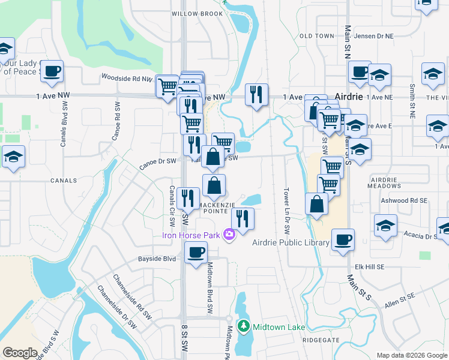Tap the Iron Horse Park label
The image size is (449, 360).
click(x=191, y=235)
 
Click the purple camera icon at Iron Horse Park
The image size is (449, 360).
click(x=228, y=235)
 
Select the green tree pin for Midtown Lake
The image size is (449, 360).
click(x=244, y=327)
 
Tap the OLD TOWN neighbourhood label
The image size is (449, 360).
click(x=316, y=36)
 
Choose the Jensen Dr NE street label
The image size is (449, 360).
click(x=374, y=36)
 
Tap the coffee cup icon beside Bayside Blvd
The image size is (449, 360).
click(x=196, y=252)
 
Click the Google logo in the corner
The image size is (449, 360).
click(x=20, y=353)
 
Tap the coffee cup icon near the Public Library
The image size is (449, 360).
click(x=343, y=239)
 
